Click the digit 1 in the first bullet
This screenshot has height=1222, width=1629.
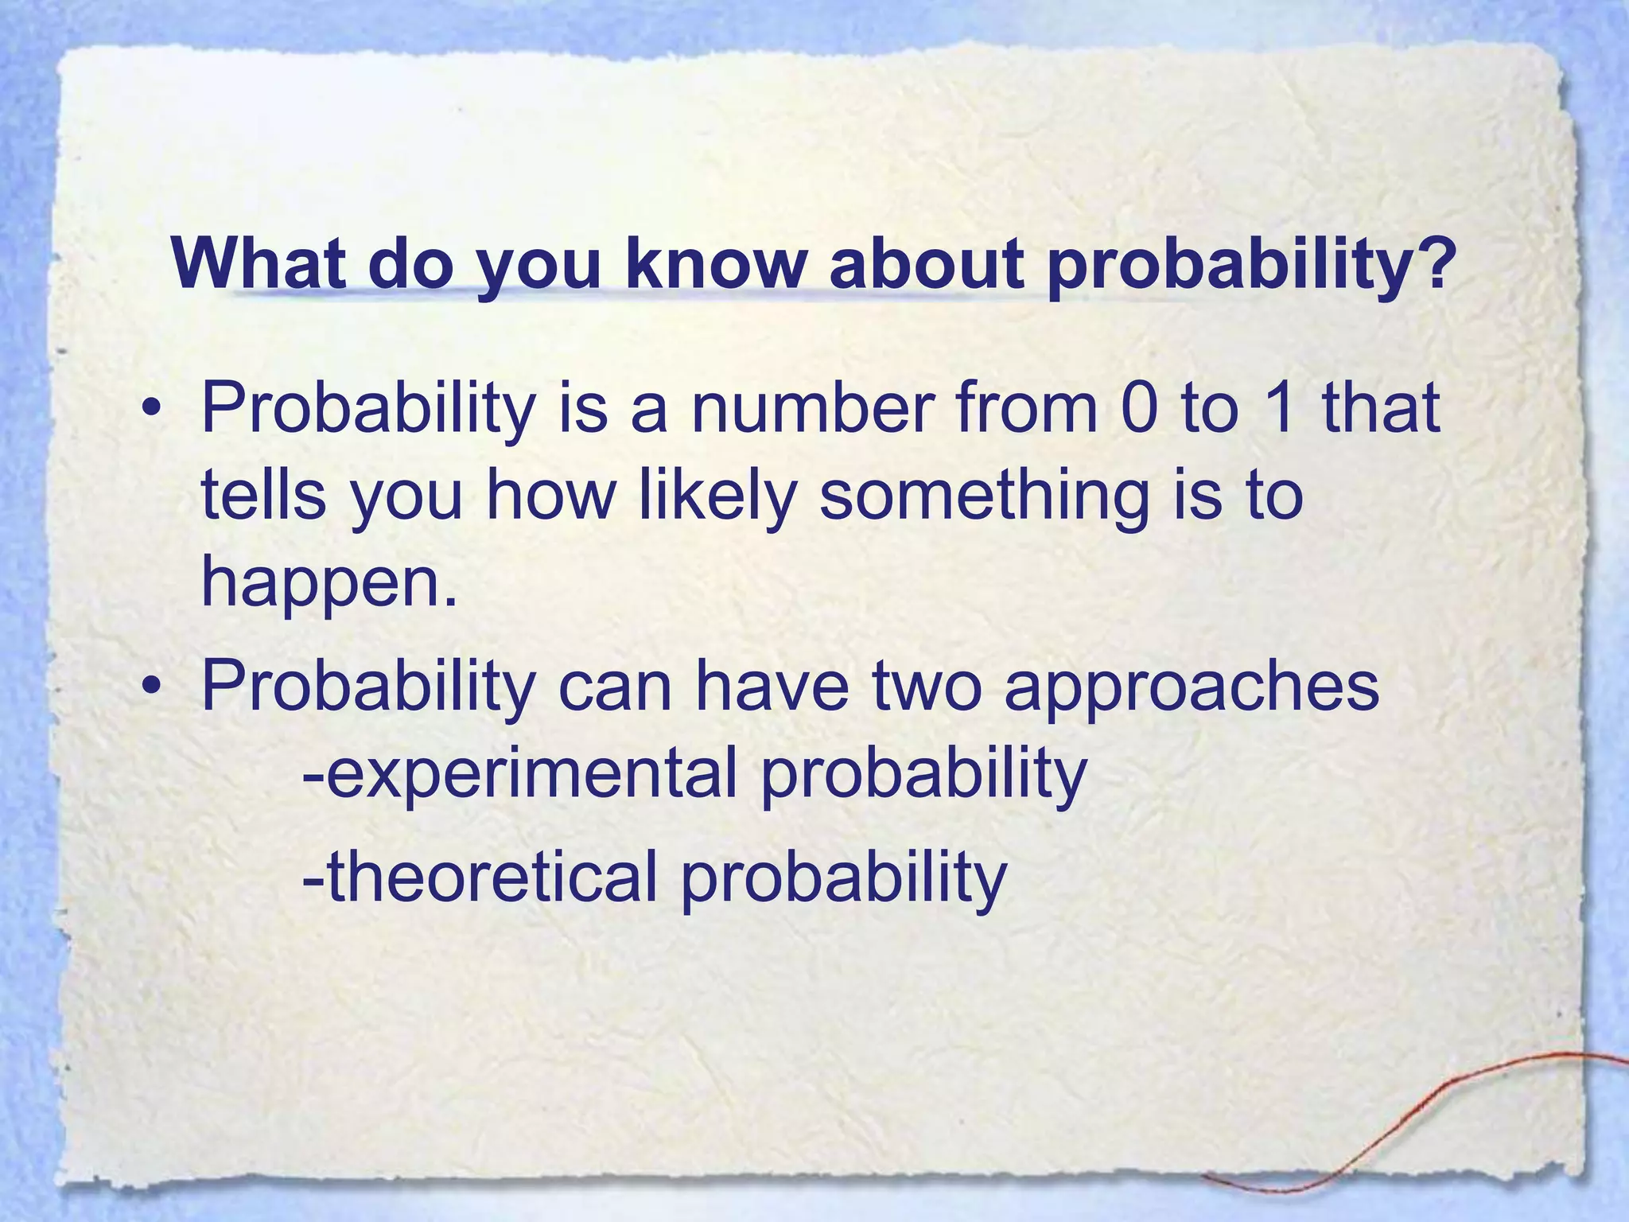[x=1281, y=407]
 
